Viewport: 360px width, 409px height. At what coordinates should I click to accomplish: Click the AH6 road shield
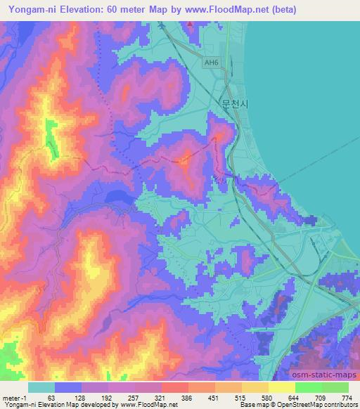click(x=211, y=63)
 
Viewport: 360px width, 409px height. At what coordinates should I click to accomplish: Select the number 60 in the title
click(x=127, y=10)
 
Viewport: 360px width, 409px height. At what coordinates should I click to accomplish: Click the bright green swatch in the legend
click(x=308, y=388)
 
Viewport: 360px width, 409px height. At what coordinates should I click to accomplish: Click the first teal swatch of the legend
click(x=41, y=388)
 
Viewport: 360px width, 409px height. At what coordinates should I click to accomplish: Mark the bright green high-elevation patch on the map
click(x=51, y=138)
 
